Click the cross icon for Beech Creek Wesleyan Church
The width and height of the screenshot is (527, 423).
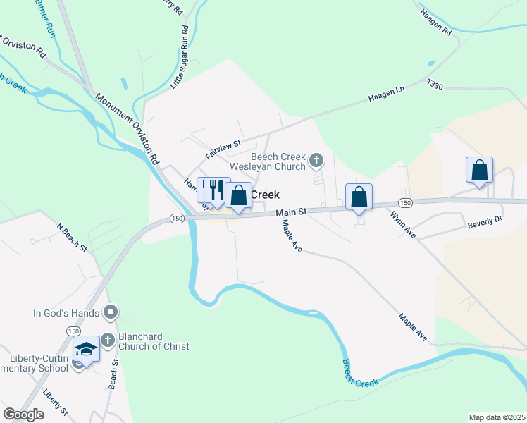pyautogui.click(x=316, y=161)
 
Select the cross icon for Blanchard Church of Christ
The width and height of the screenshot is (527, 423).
pyautogui.click(x=107, y=340)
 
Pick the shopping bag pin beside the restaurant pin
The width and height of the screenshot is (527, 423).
pyautogui.click(x=239, y=196)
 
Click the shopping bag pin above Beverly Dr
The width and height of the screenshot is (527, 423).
pyautogui.click(x=479, y=171)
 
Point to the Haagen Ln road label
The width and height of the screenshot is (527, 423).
pyautogui.click(x=386, y=96)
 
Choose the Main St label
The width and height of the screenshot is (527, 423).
pyautogui.click(x=291, y=211)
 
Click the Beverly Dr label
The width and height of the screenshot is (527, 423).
pyautogui.click(x=484, y=223)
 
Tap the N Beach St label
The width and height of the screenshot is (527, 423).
pyautogui.click(x=71, y=238)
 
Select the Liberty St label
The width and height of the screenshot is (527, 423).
pyautogui.click(x=55, y=401)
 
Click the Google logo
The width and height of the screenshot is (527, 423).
pyautogui.click(x=23, y=415)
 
